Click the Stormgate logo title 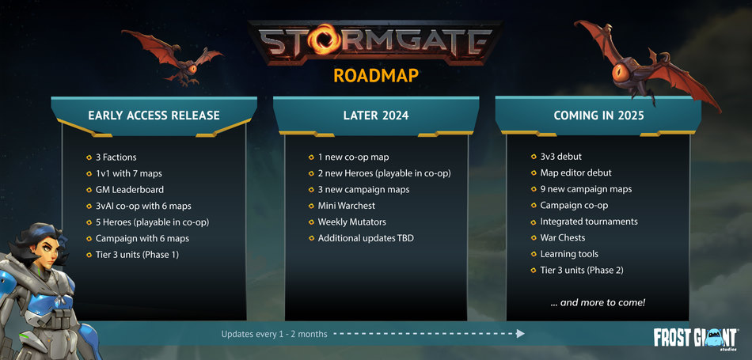coord(375,43)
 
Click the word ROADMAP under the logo coord(375,76)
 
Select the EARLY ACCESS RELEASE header coord(154,116)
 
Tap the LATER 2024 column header coord(375,116)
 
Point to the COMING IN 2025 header coord(598,116)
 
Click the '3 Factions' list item coord(116,157)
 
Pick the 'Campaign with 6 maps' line coord(142,238)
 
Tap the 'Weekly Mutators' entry coord(352,222)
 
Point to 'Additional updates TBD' coord(365,238)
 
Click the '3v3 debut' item coord(560,157)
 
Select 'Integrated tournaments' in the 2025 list coord(588,222)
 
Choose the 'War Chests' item coord(564,238)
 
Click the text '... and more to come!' coord(597,303)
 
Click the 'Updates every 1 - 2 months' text coord(274,335)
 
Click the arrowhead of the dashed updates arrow coord(520,334)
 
